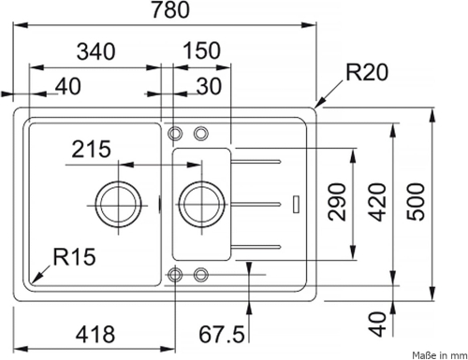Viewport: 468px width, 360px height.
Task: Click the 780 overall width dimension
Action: (x=170, y=9)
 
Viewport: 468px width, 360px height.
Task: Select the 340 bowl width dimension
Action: (x=96, y=51)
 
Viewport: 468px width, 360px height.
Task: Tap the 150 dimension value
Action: (x=201, y=50)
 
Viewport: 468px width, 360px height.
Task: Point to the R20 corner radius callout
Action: (x=367, y=72)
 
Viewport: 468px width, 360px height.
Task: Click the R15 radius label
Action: (x=74, y=257)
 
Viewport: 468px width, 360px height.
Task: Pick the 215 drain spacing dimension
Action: (x=91, y=149)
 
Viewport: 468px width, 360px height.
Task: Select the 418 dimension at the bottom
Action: (x=95, y=334)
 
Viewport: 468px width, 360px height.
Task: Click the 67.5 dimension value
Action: (x=222, y=335)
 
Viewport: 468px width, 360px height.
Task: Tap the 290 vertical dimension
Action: (x=338, y=202)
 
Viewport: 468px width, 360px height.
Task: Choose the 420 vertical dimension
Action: (x=377, y=202)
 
